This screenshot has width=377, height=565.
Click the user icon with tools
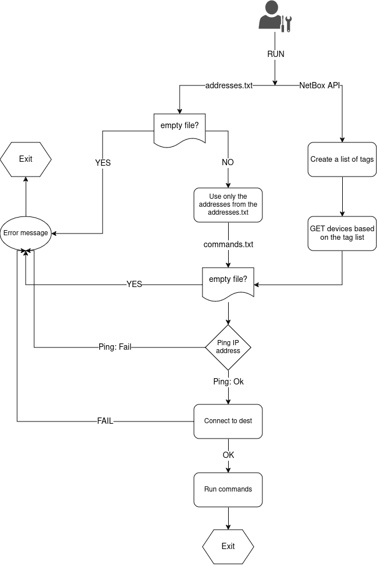click(x=275, y=17)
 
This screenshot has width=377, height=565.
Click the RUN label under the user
click(x=275, y=54)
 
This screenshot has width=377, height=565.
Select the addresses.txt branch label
click(x=229, y=85)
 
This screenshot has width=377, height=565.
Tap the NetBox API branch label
click(x=320, y=85)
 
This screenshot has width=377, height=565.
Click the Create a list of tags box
click(x=342, y=159)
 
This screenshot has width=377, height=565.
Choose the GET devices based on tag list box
click(x=342, y=233)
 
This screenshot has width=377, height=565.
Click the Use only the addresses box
click(x=228, y=204)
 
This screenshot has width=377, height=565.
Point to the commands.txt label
click(x=228, y=244)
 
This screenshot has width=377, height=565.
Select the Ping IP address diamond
click(x=228, y=347)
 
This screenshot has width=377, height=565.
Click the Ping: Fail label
click(x=115, y=347)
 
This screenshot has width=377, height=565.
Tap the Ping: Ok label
click(x=228, y=382)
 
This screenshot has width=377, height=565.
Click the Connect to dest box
click(x=228, y=421)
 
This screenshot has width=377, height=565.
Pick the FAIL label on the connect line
click(x=105, y=421)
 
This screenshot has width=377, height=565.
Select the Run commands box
click(x=228, y=489)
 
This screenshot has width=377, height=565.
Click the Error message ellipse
click(x=26, y=233)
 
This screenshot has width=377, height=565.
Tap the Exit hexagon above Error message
click(x=26, y=159)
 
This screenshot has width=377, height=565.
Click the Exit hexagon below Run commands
click(x=228, y=546)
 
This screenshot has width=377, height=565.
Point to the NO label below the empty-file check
click(x=228, y=162)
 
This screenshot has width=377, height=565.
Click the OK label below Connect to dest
click(x=228, y=455)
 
